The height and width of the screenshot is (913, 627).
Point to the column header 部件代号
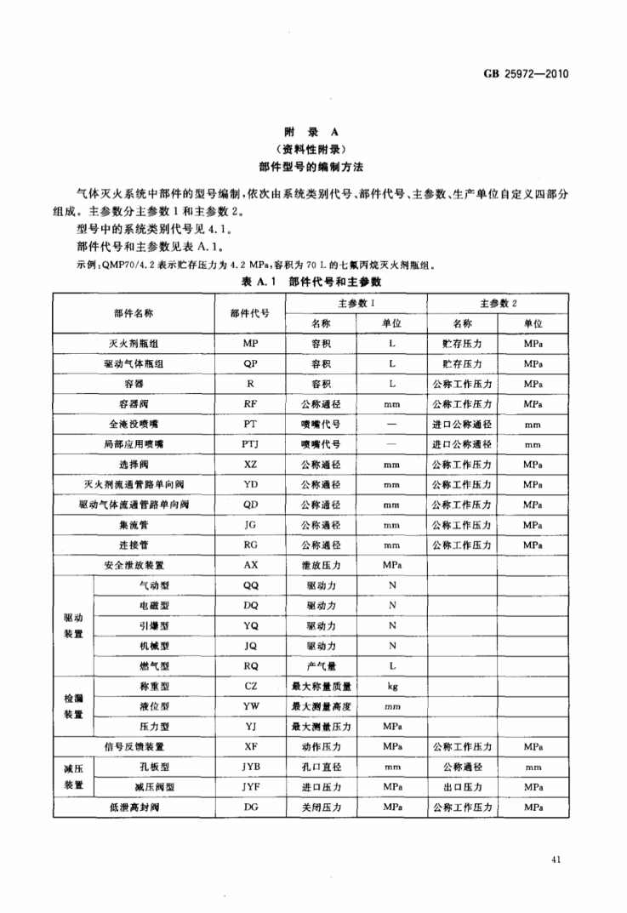pyautogui.click(x=250, y=312)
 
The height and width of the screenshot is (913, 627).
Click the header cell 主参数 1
pyautogui.click(x=356, y=303)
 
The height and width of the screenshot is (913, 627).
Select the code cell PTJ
pyautogui.click(x=250, y=443)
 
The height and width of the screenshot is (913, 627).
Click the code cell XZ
pyautogui.click(x=250, y=464)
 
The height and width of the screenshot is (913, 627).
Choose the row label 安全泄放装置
pyautogui.click(x=134, y=564)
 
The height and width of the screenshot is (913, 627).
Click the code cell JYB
pyautogui.click(x=250, y=766)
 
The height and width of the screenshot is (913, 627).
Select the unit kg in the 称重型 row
pyautogui.click(x=393, y=685)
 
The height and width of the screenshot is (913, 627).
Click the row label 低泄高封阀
pyautogui.click(x=134, y=806)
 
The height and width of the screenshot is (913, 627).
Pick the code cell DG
pyautogui.click(x=250, y=806)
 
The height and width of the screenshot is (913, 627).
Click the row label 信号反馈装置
pyautogui.click(x=134, y=745)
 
